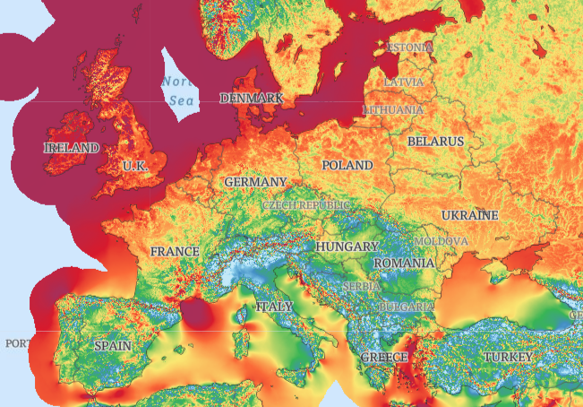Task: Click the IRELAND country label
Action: [x=72, y=147]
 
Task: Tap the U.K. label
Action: [x=135, y=166]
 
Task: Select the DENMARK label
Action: [x=251, y=98]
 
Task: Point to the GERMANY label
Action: [x=255, y=182]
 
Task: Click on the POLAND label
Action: [x=347, y=166]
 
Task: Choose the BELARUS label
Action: [x=435, y=142]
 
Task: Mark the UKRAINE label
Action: [x=469, y=216]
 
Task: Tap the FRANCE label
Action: [x=175, y=252]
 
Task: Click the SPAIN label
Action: [x=113, y=345]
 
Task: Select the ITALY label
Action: [x=274, y=307]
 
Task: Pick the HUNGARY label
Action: [x=347, y=246]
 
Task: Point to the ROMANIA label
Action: [x=404, y=264]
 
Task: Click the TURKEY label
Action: [x=508, y=357]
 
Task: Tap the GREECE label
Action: [x=384, y=357]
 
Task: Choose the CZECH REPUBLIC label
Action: [x=305, y=205]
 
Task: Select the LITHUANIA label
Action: [x=393, y=109]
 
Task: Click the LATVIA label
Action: [x=404, y=82]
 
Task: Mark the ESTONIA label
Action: [x=410, y=47]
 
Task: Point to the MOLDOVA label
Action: [x=441, y=242]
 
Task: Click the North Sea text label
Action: [x=178, y=91]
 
